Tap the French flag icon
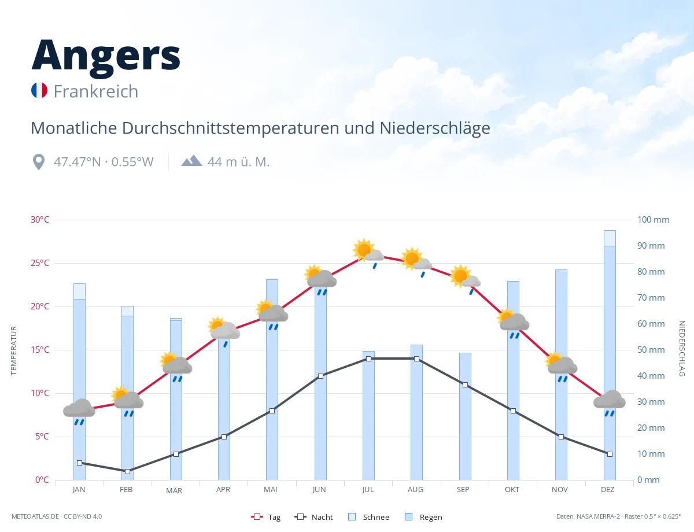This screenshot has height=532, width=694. tap(39, 90)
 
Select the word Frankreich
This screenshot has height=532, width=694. tap(96, 91)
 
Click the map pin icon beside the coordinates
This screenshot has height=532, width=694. tap(39, 162)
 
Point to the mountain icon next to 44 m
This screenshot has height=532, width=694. tap(191, 161)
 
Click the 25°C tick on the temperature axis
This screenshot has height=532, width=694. tap(40, 263)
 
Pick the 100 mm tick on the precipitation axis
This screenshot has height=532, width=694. tap(653, 220)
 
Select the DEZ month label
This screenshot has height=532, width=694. tap(607, 490)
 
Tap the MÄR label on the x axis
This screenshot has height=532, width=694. tap(174, 490)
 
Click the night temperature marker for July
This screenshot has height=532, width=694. tap(368, 359)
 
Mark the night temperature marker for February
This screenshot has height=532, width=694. tap(127, 471)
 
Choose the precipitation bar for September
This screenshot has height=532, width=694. tap(465, 416)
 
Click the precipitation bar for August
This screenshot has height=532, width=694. tap(416, 412)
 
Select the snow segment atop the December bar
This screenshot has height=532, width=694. tap(610, 238)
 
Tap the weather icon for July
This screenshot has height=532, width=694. tap(368, 253)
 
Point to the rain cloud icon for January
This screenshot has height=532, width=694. tap(79, 411)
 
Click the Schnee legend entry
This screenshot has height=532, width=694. tap(368, 517)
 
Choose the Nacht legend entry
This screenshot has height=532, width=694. tap(313, 517)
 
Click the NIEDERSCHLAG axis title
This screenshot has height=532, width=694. tap(681, 348)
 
